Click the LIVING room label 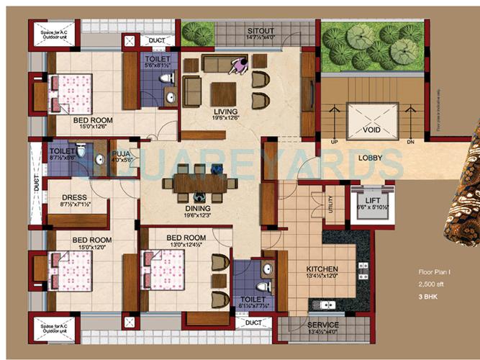pos(225,111)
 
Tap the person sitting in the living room pos(237,66)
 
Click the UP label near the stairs pos(333,143)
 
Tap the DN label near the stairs pos(411,143)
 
